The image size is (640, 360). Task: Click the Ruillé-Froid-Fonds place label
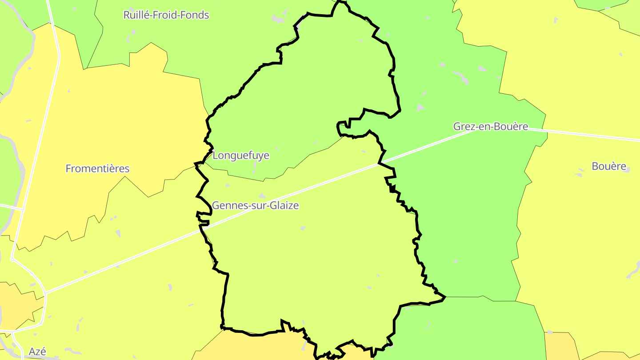pyautogui.click(x=166, y=15)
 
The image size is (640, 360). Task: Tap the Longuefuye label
pyautogui.click(x=241, y=156)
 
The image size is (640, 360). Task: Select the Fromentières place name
pyautogui.click(x=97, y=169)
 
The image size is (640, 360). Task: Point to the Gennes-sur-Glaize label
pyautogui.click(x=255, y=206)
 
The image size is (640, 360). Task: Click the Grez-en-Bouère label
pyautogui.click(x=491, y=127)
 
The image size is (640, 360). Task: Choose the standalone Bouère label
pyautogui.click(x=609, y=166)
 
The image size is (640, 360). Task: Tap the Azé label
pyautogui.click(x=37, y=352)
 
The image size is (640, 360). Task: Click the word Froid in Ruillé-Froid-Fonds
pyautogui.click(x=172, y=15)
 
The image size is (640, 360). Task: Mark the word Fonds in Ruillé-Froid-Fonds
pyautogui.click(x=197, y=15)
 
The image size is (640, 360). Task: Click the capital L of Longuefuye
pyautogui.click(x=216, y=156)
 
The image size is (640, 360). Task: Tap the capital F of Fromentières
pyautogui.click(x=68, y=169)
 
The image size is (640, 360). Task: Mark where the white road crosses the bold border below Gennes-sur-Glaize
pyautogui.click(x=204, y=228)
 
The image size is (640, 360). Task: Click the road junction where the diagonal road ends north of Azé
pyautogui.click(x=45, y=293)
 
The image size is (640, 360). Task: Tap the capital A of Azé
pyautogui.click(x=32, y=352)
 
